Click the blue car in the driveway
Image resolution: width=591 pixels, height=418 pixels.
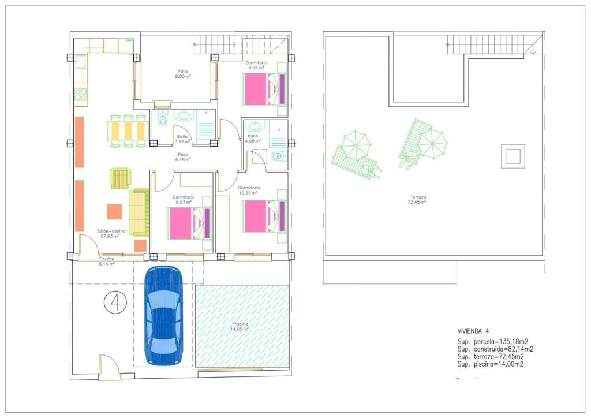163,315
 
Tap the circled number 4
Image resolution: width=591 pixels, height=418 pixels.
115,302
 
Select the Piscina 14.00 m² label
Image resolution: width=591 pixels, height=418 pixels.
241,326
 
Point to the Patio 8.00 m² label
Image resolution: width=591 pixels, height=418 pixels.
183,73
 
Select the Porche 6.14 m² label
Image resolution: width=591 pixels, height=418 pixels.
106,261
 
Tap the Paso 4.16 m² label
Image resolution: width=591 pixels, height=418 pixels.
184,156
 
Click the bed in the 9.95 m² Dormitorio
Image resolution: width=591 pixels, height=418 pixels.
263,89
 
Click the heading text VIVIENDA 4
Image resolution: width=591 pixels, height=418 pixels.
473,331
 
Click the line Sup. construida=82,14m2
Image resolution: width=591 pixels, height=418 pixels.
495,349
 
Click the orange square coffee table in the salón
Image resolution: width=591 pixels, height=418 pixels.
115,211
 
